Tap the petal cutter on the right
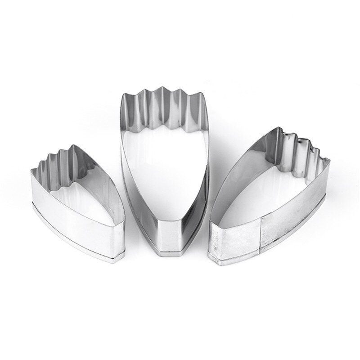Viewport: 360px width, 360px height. point(270,207)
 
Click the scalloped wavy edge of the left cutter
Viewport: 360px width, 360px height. point(54,157)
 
